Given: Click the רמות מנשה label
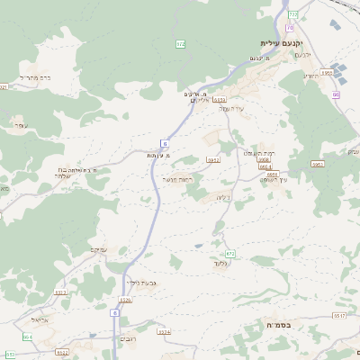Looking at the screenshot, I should (178, 179).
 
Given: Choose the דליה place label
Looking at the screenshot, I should (225, 196).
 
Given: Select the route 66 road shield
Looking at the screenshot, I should (336, 94).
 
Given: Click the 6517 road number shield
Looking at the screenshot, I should (339, 316).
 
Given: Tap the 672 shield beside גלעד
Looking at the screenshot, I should (229, 254).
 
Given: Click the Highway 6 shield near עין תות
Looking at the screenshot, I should (165, 142).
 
